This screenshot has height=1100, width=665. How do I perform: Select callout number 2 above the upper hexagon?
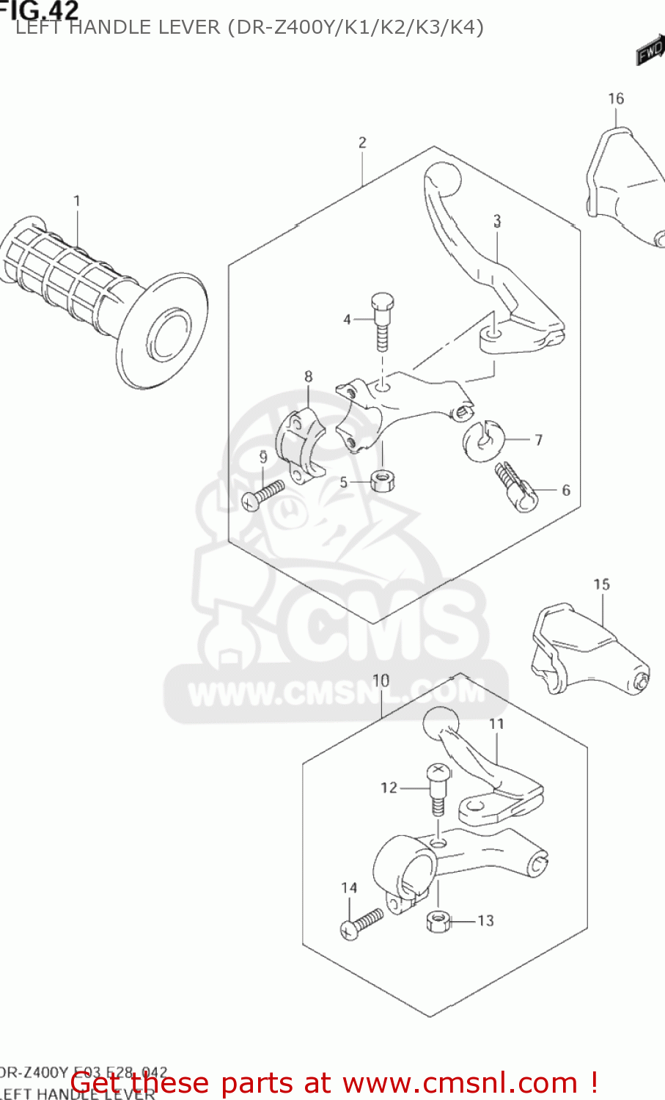coord(362,142)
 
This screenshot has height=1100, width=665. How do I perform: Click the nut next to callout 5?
coord(382,481)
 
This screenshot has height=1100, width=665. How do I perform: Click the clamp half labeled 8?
coord(299,446)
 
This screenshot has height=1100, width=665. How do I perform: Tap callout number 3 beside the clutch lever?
coord(497,221)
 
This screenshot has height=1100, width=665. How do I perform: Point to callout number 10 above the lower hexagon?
coord(381,681)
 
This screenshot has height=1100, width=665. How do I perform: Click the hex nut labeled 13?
coord(438,920)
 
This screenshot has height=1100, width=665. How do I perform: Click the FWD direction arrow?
coord(650,51)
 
